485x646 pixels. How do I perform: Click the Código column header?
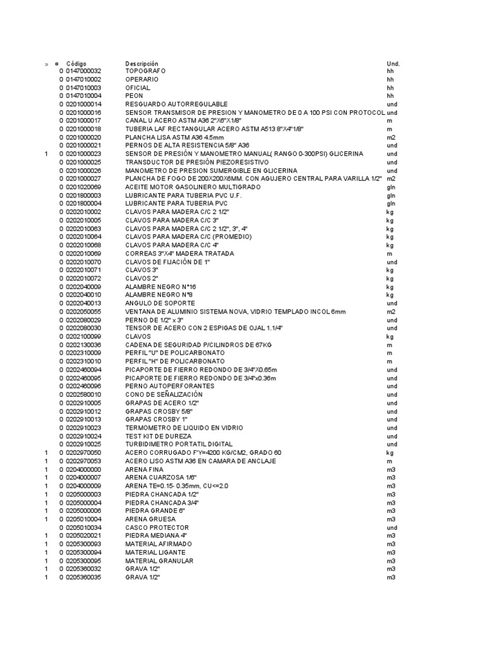click(76, 64)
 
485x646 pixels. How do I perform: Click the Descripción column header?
click(142, 64)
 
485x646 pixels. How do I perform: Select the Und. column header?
click(393, 64)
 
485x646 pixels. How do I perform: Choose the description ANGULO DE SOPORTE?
click(156, 303)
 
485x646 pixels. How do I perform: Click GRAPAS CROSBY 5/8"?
click(155, 411)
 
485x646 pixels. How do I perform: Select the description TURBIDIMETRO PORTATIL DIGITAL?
click(179, 444)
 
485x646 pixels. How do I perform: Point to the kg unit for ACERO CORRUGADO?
click(390, 452)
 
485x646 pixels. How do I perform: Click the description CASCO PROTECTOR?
click(157, 527)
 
